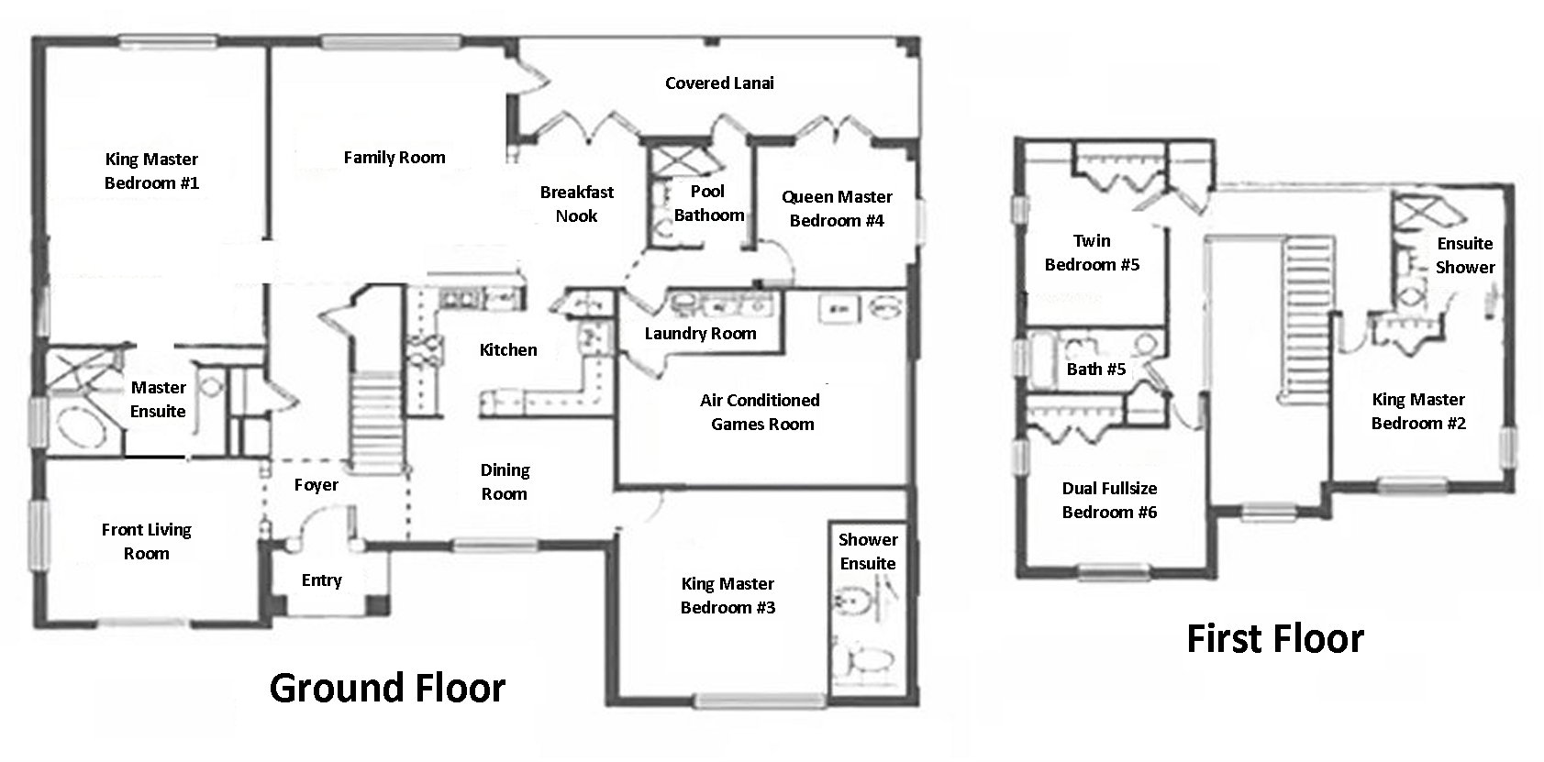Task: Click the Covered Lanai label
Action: (x=719, y=83)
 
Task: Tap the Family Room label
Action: (x=394, y=158)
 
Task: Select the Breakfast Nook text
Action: (x=576, y=204)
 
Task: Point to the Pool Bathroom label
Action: (x=707, y=204)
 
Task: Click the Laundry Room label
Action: (x=700, y=334)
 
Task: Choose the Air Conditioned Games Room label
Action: (x=761, y=412)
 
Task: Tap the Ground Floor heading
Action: (x=387, y=688)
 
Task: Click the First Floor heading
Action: (x=1274, y=638)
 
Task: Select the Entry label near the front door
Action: (x=321, y=580)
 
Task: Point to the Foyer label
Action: (x=316, y=485)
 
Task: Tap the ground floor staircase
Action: (x=372, y=417)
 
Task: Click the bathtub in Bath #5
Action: (x=1044, y=354)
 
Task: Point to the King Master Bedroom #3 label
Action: (x=728, y=595)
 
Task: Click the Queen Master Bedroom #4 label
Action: (x=837, y=208)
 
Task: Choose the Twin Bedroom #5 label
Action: (x=1092, y=252)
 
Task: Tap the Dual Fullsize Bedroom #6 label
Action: (x=1109, y=500)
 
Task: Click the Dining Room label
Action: (x=505, y=481)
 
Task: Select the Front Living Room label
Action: (x=146, y=541)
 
